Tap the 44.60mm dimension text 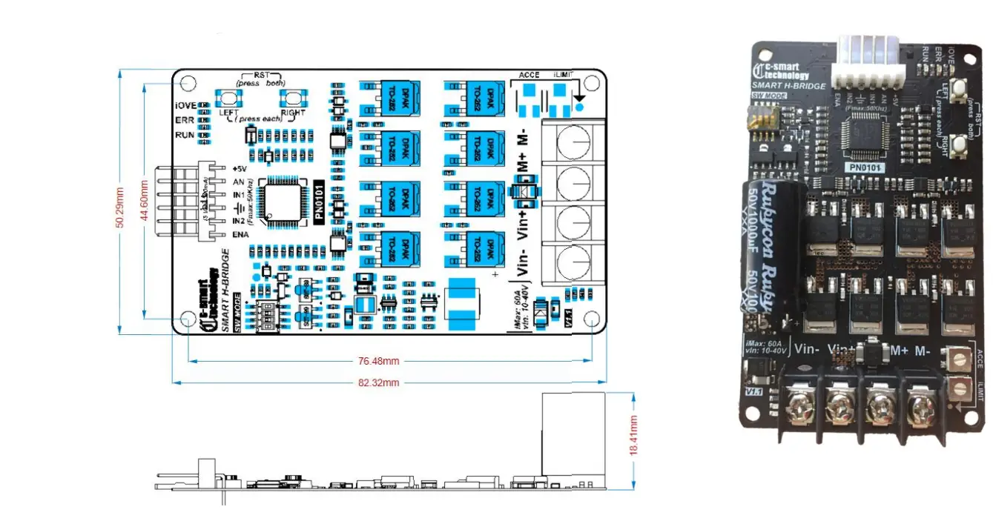[x=145, y=200]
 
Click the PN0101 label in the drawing [x=319, y=201]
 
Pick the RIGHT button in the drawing [x=294, y=98]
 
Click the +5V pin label [x=239, y=168]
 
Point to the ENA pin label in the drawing [x=240, y=235]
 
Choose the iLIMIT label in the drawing [x=567, y=75]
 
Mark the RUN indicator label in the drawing [x=185, y=135]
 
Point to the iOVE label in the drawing [x=185, y=105]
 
